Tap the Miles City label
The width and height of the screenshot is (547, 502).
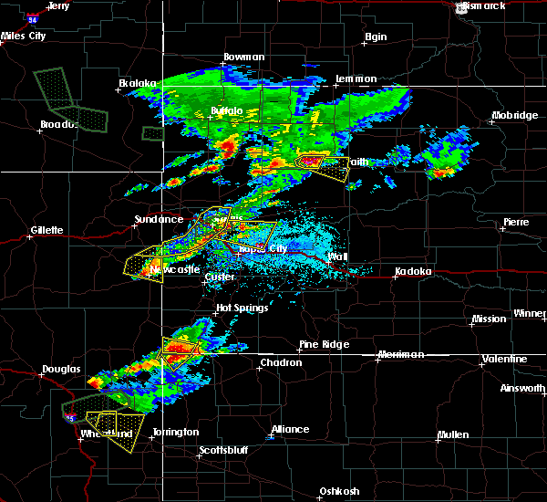[24, 36]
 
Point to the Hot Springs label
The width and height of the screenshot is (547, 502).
[242, 308]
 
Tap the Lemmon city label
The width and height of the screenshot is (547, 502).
[356, 79]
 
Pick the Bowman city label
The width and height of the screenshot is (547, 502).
[244, 58]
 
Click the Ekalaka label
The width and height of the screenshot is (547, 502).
[137, 84]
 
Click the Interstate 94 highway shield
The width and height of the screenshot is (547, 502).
[34, 16]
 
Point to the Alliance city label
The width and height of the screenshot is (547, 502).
[290, 429]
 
